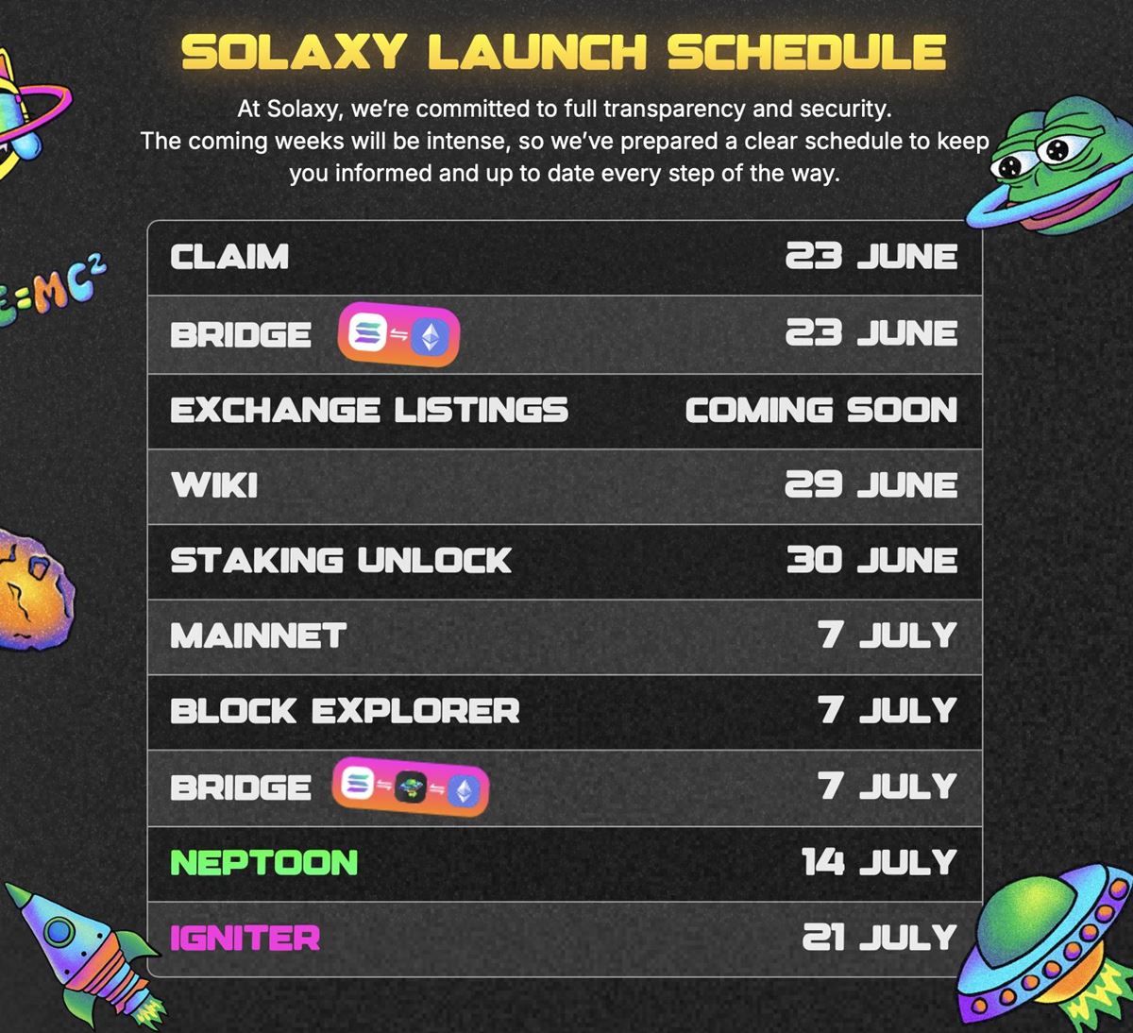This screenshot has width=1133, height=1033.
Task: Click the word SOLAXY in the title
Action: [x=293, y=53]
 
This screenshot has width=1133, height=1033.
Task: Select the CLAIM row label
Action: [x=229, y=257]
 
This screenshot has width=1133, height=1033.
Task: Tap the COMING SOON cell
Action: [x=820, y=410]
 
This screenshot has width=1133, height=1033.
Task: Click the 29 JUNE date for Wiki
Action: [x=871, y=485]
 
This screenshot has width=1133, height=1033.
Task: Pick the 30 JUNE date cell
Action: [x=871, y=560]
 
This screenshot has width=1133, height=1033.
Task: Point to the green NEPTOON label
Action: [x=263, y=862]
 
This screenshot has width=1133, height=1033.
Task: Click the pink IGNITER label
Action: [x=245, y=938]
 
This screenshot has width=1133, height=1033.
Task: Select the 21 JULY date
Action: [x=879, y=938]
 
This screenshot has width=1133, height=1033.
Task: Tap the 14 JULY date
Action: [x=879, y=862]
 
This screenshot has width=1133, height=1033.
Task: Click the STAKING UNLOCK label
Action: [x=341, y=560]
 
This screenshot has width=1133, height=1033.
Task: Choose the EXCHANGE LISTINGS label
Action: [x=369, y=410]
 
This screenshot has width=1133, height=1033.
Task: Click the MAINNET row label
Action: [x=258, y=635]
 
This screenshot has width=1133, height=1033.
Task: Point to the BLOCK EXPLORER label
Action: [x=345, y=711]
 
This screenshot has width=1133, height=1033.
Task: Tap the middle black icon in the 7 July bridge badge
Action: [x=411, y=787]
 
